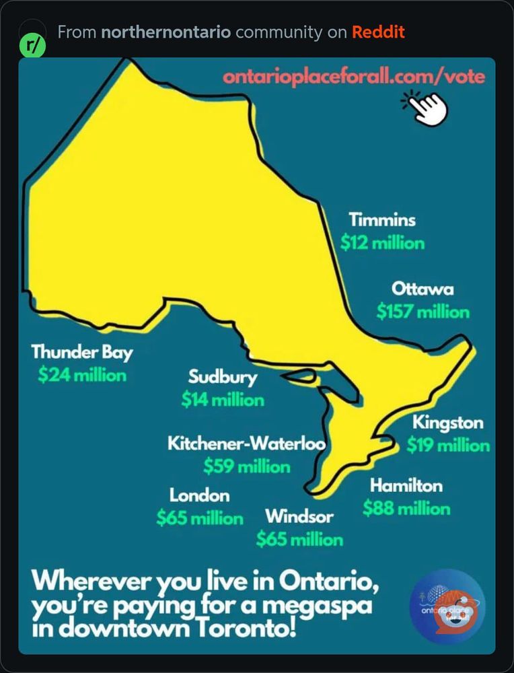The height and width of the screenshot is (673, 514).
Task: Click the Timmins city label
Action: (x=381, y=220)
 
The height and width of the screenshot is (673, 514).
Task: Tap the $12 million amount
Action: (x=382, y=242)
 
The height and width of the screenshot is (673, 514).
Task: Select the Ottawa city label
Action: (x=423, y=289)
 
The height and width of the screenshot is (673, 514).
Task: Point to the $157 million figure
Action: (x=423, y=312)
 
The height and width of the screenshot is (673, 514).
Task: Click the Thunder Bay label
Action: (x=82, y=352)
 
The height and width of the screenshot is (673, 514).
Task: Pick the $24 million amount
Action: (x=82, y=374)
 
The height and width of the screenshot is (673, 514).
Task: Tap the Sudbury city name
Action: (x=222, y=377)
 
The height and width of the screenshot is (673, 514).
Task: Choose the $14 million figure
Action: (x=222, y=400)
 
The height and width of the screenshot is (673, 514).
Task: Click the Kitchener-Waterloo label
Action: (x=246, y=444)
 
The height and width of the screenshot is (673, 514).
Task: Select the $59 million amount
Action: (x=247, y=466)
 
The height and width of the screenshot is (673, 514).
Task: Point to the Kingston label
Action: (x=447, y=423)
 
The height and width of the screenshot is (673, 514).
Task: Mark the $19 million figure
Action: (x=448, y=445)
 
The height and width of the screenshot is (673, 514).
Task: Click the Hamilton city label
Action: (x=406, y=485)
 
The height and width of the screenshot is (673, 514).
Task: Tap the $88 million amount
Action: (x=406, y=508)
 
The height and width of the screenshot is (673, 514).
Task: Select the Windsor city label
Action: (x=299, y=517)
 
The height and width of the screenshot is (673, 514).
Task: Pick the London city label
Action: (x=199, y=496)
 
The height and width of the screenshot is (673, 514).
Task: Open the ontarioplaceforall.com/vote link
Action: (x=354, y=76)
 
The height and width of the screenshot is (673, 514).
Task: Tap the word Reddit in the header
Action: (x=378, y=32)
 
